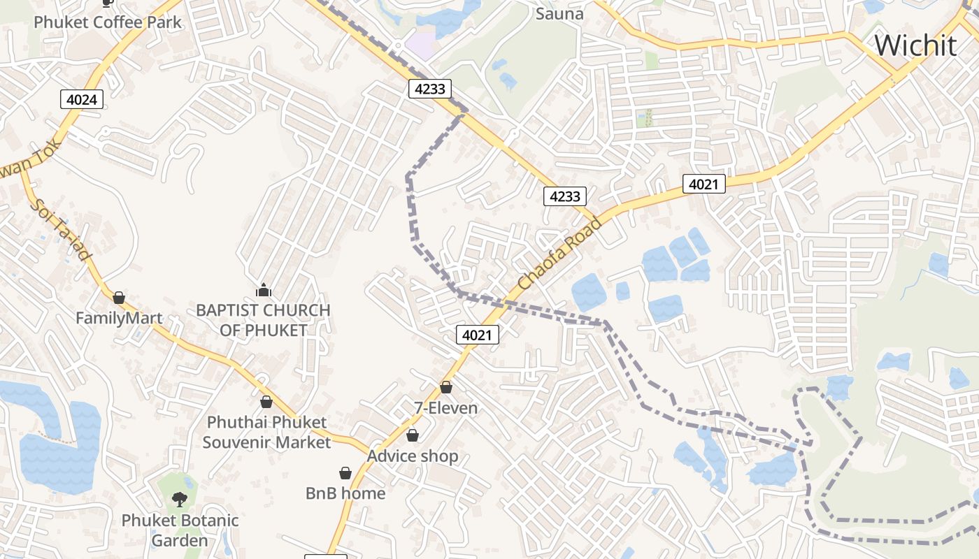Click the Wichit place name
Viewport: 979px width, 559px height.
[915, 45]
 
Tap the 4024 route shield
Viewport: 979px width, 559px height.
[82, 99]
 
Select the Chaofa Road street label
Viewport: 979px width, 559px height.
[559, 254]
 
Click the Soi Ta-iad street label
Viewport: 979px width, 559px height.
[60, 230]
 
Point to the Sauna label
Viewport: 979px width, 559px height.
[559, 13]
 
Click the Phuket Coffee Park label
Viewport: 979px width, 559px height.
[108, 22]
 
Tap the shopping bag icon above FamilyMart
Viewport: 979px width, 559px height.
[119, 298]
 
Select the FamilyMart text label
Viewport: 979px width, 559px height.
[119, 319]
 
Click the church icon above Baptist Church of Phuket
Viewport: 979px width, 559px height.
[264, 289]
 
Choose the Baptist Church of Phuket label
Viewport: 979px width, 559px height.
[264, 320]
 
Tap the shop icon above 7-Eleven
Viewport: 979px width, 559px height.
[446, 387]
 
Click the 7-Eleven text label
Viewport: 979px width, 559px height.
[446, 408]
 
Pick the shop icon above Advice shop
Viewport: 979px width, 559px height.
[413, 435]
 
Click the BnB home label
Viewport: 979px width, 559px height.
[345, 493]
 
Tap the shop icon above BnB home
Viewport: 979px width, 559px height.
[345, 473]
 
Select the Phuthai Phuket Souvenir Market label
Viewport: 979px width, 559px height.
[266, 433]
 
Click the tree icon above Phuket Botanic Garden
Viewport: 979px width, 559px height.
[180, 499]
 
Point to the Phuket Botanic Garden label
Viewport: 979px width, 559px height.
[180, 530]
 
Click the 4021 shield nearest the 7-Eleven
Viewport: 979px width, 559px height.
[478, 335]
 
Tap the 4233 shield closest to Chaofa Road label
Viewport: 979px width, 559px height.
[564, 196]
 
